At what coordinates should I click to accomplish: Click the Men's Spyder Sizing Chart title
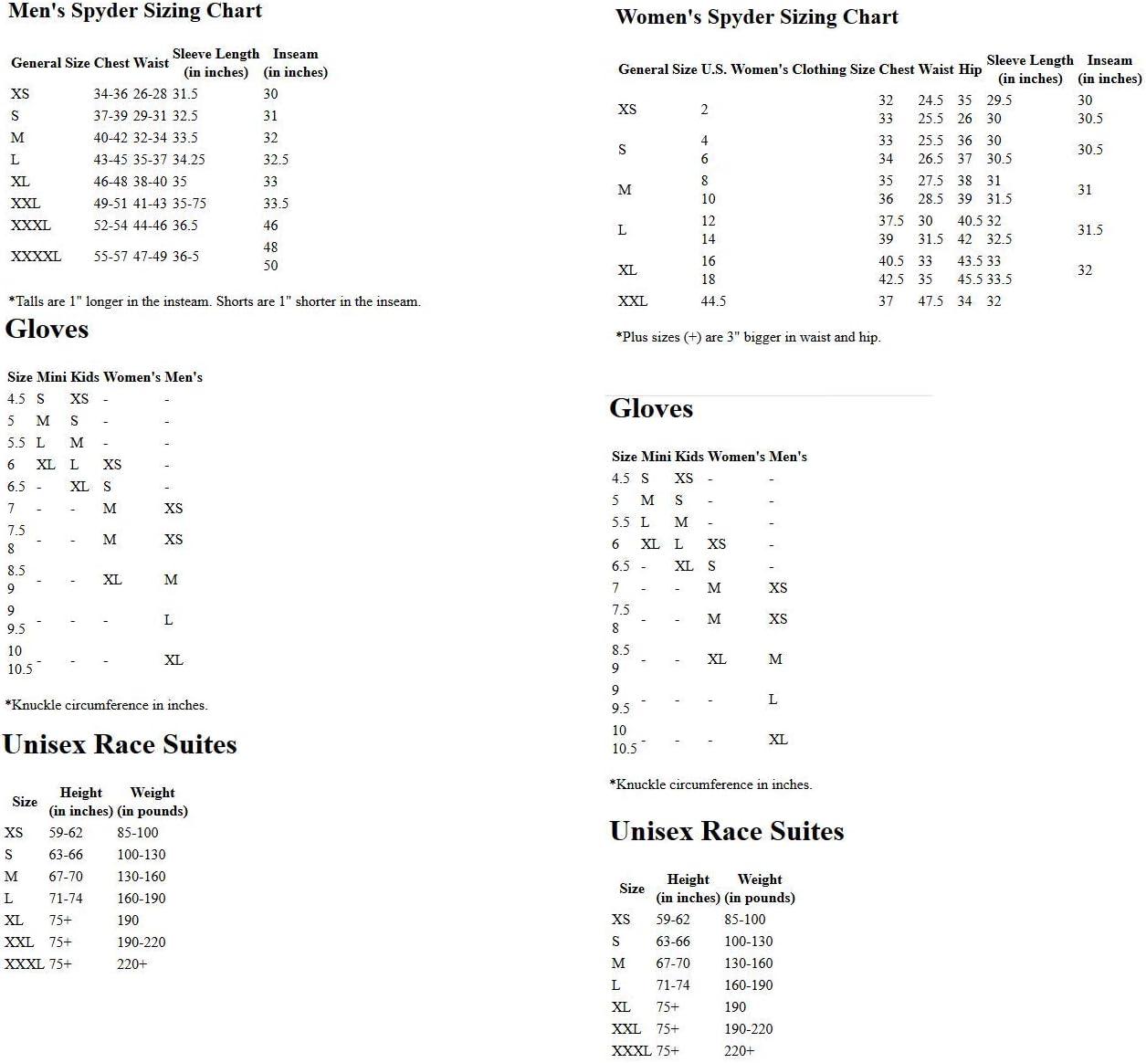135,12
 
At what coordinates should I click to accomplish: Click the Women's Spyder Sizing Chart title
757,17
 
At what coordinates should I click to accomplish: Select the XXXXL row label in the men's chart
37,257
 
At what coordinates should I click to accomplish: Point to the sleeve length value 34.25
189,160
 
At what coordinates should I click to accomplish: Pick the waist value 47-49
151,257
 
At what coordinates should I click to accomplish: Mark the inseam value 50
270,266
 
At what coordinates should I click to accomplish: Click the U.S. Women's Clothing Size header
787,69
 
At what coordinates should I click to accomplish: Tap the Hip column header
970,69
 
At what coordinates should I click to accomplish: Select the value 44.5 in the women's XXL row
713,301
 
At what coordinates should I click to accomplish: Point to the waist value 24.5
930,100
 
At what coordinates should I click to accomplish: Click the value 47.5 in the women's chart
930,301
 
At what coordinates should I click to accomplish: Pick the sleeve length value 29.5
999,100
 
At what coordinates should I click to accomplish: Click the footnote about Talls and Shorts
215,301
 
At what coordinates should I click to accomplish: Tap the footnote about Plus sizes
748,337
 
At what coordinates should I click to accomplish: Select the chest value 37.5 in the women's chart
891,221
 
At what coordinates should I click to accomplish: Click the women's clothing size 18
708,279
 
